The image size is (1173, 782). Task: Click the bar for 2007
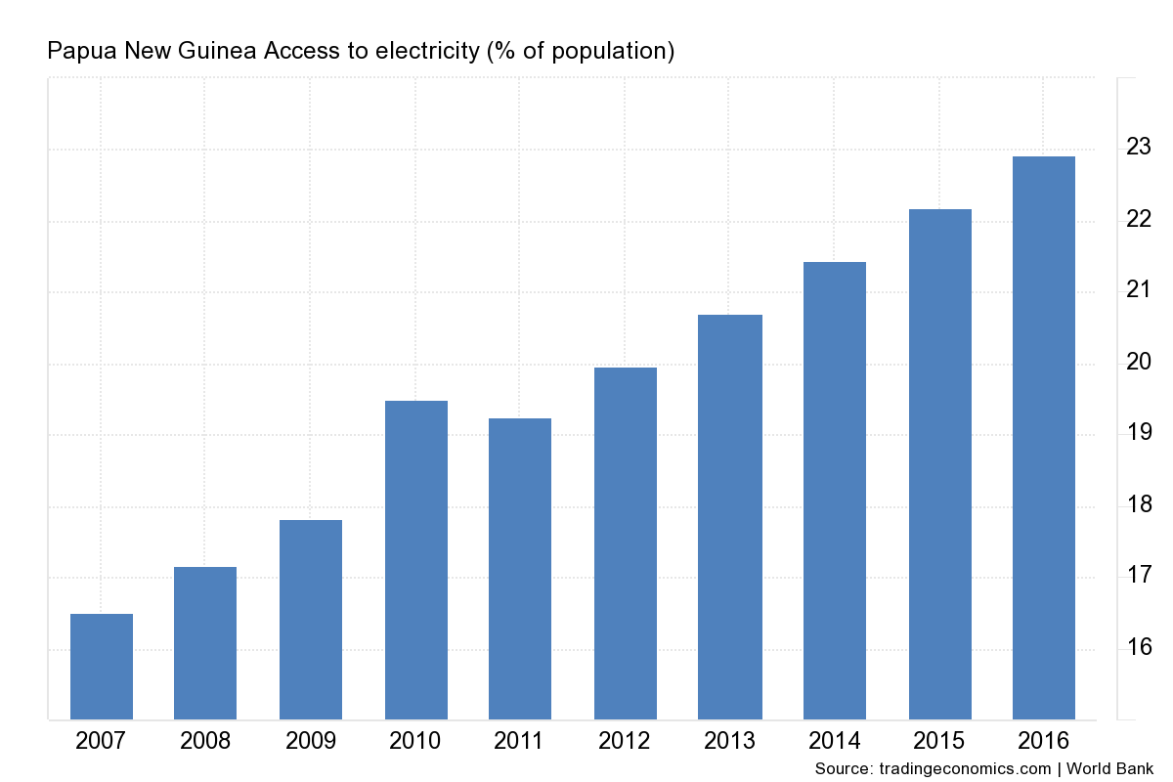pyautogui.click(x=102, y=667)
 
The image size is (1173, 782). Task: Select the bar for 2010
pyautogui.click(x=416, y=560)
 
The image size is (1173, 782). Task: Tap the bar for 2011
pyautogui.click(x=520, y=569)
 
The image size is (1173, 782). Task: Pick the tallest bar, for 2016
pyautogui.click(x=1044, y=438)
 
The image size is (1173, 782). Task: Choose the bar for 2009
pyautogui.click(x=311, y=620)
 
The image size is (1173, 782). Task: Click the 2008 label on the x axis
pyautogui.click(x=205, y=741)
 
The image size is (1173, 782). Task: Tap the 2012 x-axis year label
pyautogui.click(x=626, y=741)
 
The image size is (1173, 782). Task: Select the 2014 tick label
pyautogui.click(x=835, y=741)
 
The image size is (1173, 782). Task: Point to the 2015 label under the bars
pyautogui.click(x=940, y=741)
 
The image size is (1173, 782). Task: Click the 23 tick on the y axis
pyautogui.click(x=1139, y=148)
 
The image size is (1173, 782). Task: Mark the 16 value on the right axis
pyautogui.click(x=1139, y=647)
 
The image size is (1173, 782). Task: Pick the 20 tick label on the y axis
pyautogui.click(x=1139, y=362)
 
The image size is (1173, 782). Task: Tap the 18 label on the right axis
pyautogui.click(x=1139, y=504)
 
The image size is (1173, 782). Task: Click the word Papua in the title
pyautogui.click(x=78, y=51)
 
